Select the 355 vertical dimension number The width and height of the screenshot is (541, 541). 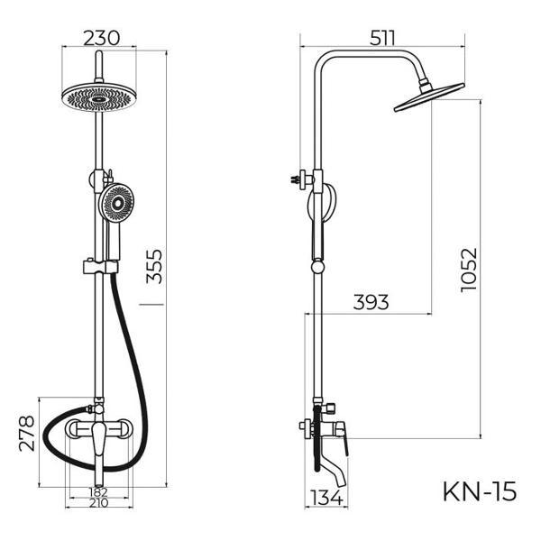156,268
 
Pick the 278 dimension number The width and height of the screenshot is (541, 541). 26,434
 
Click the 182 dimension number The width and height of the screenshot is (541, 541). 99,492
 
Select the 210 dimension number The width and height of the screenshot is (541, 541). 99,503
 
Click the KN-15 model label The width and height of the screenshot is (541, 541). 479,491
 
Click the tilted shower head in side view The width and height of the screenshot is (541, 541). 428,97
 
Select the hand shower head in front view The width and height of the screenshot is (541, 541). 118,203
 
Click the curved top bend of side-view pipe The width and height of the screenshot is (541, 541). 326,60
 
